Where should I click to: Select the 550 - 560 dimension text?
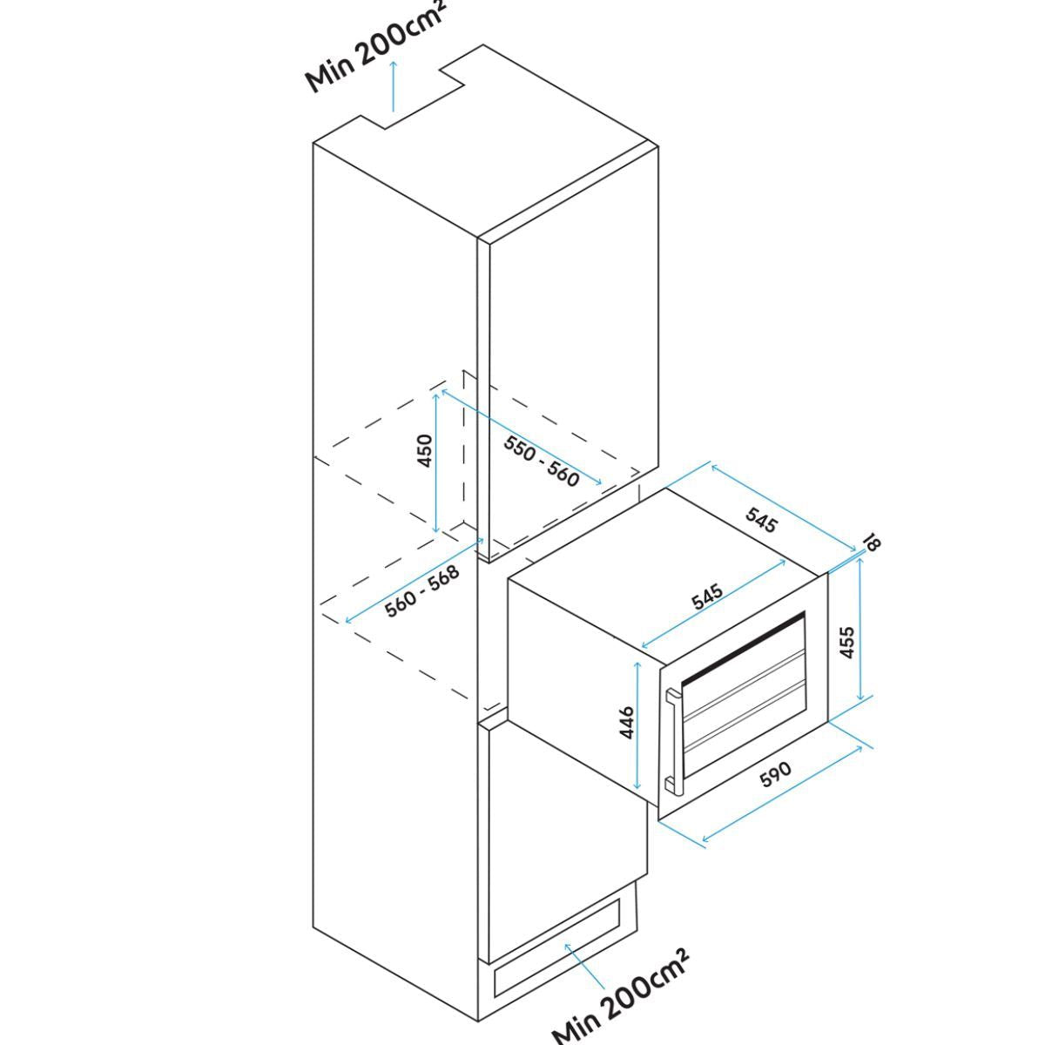541,459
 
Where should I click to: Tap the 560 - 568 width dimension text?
422,592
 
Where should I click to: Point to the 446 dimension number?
625,724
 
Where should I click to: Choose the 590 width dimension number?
775,774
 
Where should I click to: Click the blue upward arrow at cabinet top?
393,87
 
